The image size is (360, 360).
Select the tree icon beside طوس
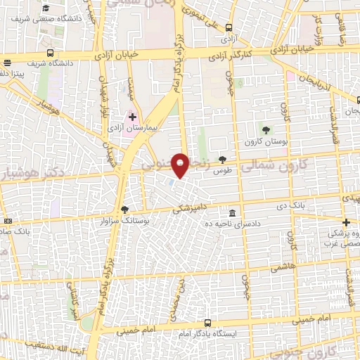point(223,160)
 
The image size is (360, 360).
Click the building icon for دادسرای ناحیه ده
point(232,212)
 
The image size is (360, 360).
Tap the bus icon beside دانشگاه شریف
point(51,52)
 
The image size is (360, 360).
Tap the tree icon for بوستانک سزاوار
point(125,209)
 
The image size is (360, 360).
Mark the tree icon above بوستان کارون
point(266,130)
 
